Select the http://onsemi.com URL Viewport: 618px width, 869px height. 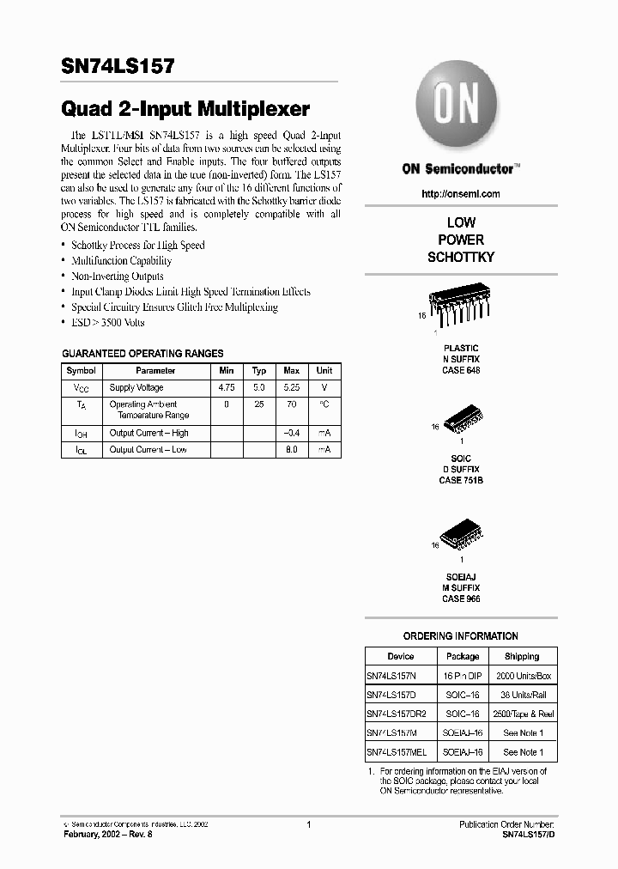[460, 194]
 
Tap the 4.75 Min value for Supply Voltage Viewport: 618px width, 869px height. [227, 388]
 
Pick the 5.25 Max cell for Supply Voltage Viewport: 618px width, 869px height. [292, 388]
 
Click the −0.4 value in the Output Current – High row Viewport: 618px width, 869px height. [292, 434]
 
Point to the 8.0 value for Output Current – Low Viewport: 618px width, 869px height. [292, 450]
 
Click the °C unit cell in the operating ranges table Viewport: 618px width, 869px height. [324, 404]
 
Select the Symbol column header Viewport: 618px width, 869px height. [82, 371]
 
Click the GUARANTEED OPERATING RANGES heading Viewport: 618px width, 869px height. [142, 353]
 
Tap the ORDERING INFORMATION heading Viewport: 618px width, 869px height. [460, 636]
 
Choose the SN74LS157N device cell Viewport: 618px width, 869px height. [395, 677]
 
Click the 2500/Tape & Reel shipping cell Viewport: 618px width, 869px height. [522, 714]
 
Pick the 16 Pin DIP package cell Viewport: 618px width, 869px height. [462, 677]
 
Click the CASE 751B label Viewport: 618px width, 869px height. [460, 481]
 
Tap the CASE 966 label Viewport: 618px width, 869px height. [460, 599]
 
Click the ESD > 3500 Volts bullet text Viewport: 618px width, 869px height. [108, 323]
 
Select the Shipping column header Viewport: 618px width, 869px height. [522, 657]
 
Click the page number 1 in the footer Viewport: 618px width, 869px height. [307, 823]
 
